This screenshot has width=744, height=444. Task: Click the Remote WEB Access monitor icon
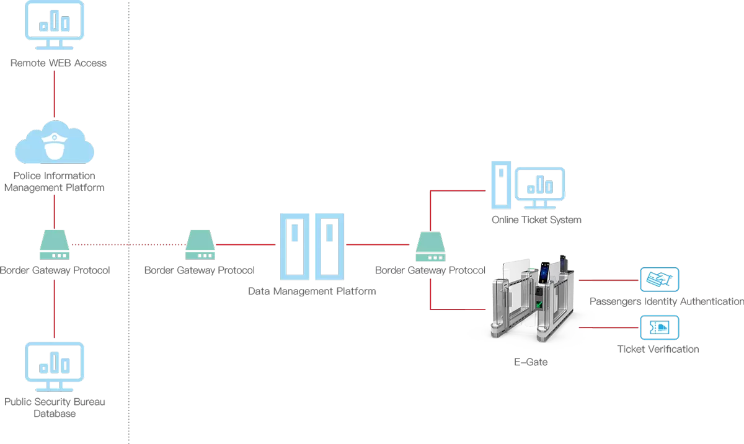[x=55, y=25]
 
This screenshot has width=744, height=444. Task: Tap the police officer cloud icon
[x=55, y=143]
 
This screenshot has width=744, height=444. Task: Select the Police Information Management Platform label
[x=55, y=182]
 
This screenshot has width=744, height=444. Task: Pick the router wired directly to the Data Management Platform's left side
[x=200, y=245]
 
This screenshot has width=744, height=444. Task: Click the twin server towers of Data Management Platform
[x=312, y=246]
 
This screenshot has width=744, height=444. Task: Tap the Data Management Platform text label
[x=312, y=291]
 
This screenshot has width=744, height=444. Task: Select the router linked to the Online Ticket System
[x=430, y=246]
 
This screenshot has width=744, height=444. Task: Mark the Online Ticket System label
[x=536, y=220]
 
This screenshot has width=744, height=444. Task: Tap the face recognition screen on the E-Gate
[x=544, y=273]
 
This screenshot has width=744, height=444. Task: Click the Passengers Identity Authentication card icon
[x=659, y=280]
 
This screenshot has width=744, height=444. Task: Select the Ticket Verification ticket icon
[x=659, y=327]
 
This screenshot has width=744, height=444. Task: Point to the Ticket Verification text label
[x=658, y=349]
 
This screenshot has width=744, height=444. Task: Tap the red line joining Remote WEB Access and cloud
[x=55, y=93]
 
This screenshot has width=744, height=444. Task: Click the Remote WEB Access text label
[x=58, y=63]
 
